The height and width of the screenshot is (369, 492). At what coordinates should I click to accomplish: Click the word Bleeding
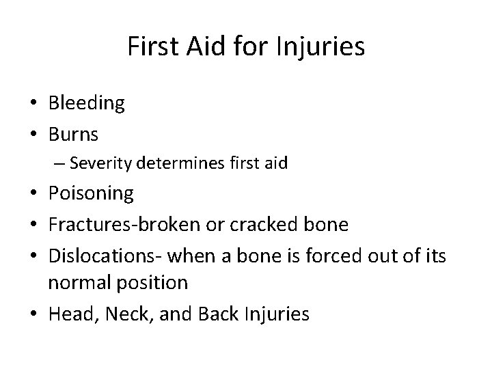pos(87,104)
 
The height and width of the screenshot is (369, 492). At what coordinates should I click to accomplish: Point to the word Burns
pos(73,134)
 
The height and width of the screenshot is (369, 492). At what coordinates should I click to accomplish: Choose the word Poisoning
pos(91,193)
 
